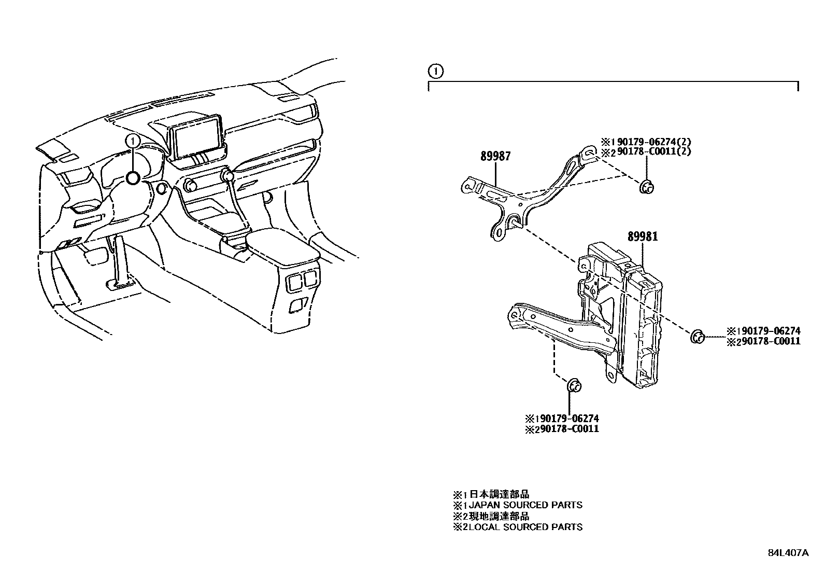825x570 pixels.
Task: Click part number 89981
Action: pos(643,237)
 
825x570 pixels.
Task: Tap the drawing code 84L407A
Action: pos(788,553)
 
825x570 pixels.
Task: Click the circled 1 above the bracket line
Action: pos(436,71)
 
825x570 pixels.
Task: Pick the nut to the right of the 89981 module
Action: pos(697,336)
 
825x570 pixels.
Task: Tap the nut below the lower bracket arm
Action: pos(573,385)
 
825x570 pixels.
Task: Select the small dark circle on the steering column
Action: pos(133,178)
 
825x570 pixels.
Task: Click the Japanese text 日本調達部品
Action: pos(500,494)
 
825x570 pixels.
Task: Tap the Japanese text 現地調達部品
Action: pos(500,516)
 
